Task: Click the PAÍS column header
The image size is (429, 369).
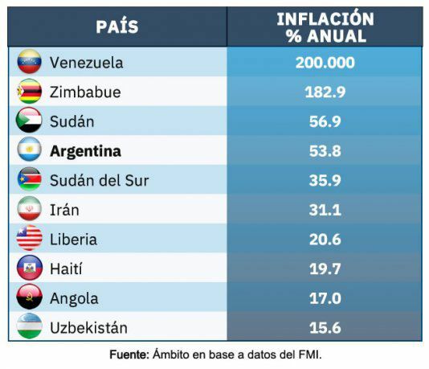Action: (117, 27)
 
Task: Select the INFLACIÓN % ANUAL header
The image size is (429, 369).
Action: (325, 27)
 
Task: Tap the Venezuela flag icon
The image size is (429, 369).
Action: (29, 63)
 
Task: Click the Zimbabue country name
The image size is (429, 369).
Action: (85, 92)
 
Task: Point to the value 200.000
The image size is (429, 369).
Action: (325, 63)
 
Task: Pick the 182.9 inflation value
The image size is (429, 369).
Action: (325, 92)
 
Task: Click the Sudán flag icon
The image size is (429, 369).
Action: (29, 121)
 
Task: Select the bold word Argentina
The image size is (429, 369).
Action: (85, 151)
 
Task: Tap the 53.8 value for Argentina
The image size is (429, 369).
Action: (325, 151)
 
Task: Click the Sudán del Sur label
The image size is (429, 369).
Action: (99, 180)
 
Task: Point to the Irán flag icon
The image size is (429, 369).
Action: (29, 210)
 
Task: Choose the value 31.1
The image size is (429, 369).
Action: (325, 210)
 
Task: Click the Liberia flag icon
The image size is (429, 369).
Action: (29, 239)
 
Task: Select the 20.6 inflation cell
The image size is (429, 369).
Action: (325, 239)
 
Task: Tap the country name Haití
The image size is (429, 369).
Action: (66, 269)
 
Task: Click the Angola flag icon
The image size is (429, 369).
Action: (29, 298)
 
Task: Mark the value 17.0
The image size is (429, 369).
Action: (325, 298)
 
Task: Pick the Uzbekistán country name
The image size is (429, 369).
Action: (88, 328)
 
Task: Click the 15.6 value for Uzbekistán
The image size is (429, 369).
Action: (325, 328)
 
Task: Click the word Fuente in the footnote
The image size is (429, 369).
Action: (129, 354)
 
